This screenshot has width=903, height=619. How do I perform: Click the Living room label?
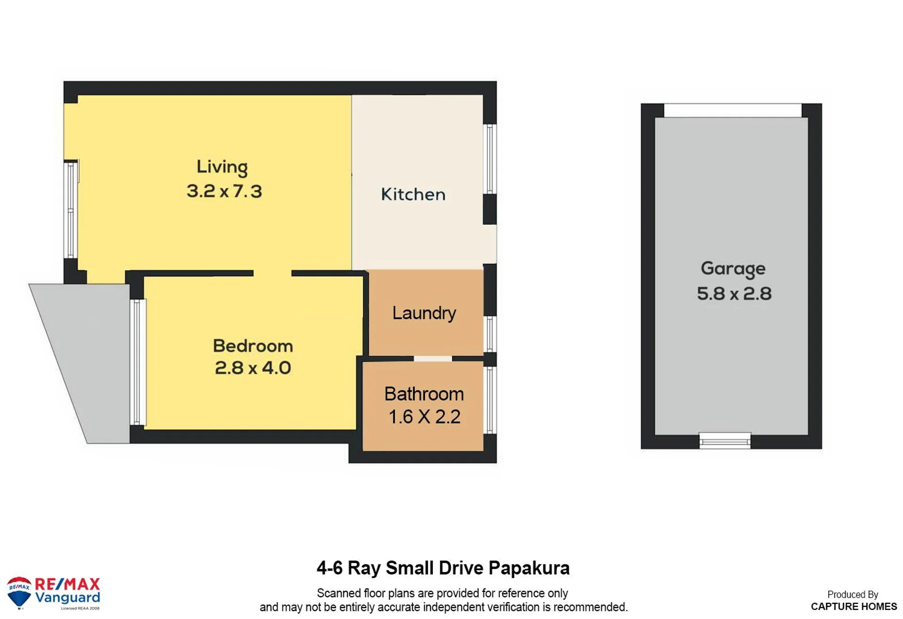click(222, 167)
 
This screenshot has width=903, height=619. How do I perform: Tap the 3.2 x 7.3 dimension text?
click(224, 191)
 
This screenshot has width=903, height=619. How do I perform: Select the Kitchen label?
click(413, 194)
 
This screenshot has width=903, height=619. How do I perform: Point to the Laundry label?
click(424, 314)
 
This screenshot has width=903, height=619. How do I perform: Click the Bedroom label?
click(253, 346)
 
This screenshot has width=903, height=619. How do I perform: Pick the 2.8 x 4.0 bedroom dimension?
click(253, 368)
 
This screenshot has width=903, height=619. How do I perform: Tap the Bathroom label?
click(424, 394)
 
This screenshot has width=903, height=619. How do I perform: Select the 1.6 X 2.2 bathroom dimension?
click(424, 417)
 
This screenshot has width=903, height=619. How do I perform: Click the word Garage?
click(733, 269)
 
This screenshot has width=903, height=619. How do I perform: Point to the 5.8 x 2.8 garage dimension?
click(734, 294)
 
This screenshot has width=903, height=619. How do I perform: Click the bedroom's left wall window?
click(138, 362)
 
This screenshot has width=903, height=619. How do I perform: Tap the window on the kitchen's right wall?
click(490, 159)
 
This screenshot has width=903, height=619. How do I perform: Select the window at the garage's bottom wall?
click(725, 441)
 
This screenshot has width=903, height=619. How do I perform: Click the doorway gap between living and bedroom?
click(272, 273)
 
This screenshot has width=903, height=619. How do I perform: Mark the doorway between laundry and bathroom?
click(433, 359)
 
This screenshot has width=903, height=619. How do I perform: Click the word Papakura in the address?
click(529, 568)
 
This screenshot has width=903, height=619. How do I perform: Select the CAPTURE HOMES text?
click(854, 606)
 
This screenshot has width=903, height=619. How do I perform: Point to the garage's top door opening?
click(733, 111)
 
